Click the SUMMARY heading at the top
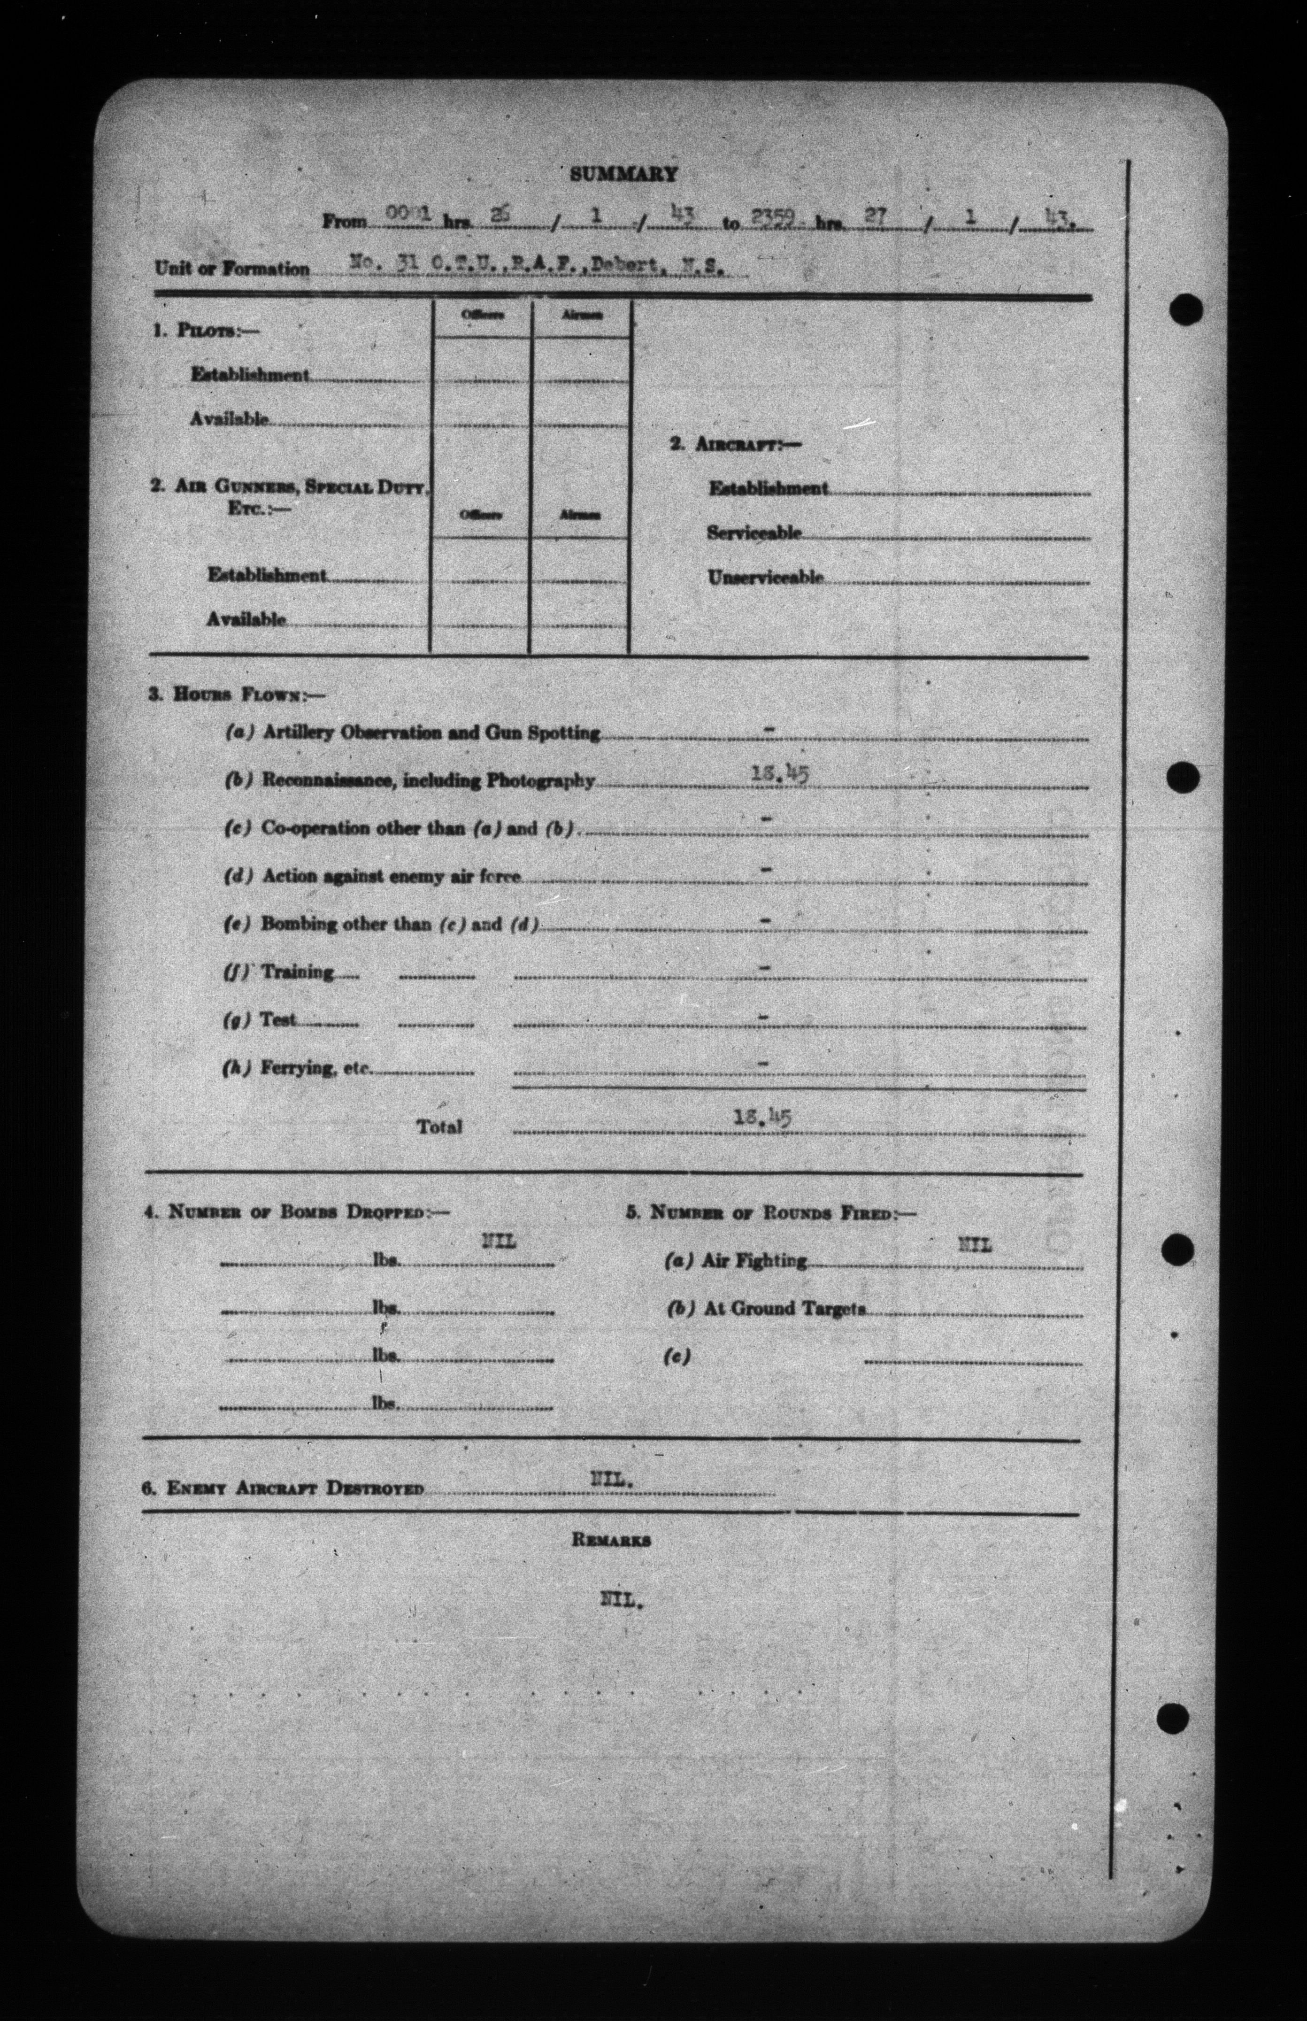tap(623, 174)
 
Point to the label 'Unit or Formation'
tap(232, 269)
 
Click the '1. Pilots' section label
tap(206, 331)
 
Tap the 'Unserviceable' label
tap(765, 577)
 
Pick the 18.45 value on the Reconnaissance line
tap(780, 773)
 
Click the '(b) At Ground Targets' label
tap(766, 1309)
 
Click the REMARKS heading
tap(611, 1540)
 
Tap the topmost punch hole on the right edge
tap(1185, 310)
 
